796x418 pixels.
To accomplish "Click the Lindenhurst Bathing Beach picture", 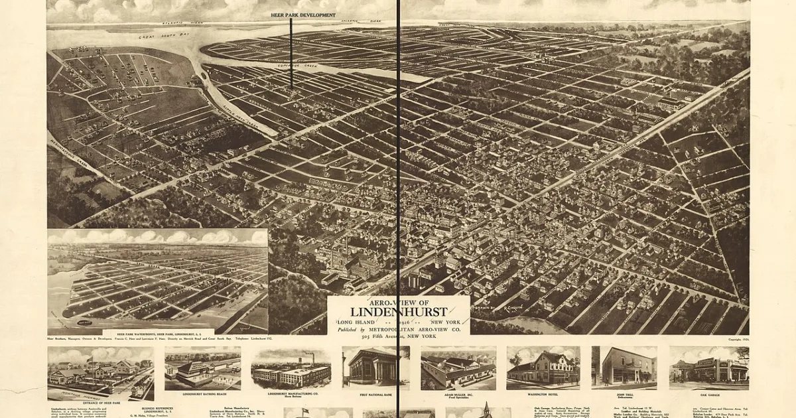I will (x=202, y=369).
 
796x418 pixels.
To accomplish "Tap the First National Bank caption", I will (x=375, y=394).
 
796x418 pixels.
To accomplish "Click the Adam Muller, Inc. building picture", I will (x=458, y=369).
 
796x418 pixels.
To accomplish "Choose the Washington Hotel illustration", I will (x=543, y=367).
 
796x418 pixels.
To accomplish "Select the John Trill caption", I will (x=624, y=393).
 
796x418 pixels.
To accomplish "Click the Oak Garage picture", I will (x=708, y=367).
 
